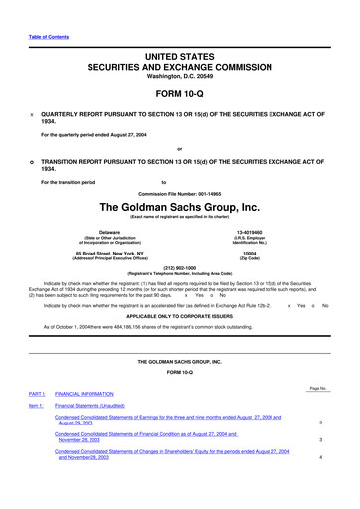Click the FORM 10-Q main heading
click(x=180, y=92)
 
